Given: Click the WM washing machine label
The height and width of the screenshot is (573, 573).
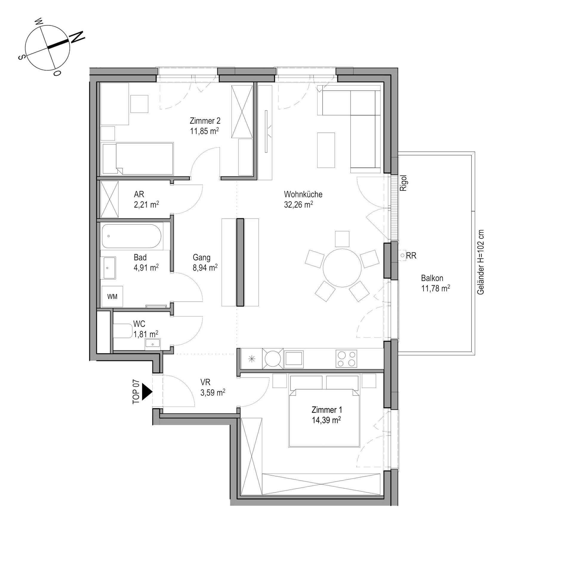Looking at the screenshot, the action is coord(112,297).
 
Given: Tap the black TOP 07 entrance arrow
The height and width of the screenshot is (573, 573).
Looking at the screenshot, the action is coord(147,392).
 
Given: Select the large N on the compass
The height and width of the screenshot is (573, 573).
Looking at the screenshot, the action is coord(77,37).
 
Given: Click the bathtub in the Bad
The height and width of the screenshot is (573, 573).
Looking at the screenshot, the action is coord(132,236).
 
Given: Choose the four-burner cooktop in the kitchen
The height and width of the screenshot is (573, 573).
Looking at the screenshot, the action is coord(346,358).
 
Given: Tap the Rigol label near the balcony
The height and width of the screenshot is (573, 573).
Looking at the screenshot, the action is coord(403,183).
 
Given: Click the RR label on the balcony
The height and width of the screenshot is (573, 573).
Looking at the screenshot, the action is coord(411,256).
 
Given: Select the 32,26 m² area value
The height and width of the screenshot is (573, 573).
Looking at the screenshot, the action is coord(298,204).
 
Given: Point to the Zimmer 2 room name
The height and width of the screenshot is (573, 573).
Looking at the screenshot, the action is coord(205,121).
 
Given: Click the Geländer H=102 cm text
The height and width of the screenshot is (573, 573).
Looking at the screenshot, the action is coord(480,262).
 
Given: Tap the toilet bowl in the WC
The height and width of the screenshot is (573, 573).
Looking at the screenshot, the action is coord(123,331).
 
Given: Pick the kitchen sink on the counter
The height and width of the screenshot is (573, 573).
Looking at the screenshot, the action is coord(294,358).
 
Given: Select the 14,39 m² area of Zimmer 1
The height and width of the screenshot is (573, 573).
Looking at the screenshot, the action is coord(326,420).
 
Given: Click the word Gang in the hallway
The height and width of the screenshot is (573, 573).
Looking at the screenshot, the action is coord(201,258).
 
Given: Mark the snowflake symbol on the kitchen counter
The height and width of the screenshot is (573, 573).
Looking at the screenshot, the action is coord(252,359).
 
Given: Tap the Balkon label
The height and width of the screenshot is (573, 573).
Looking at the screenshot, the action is coord(432,278).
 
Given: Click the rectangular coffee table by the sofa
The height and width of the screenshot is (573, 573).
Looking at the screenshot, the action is coord(326,150).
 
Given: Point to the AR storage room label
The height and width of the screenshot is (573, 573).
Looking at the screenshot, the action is coord(139,194).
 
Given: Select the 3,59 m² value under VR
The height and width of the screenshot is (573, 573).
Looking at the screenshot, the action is coord(213,392).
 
